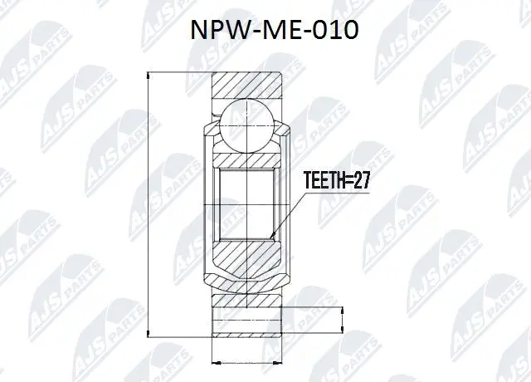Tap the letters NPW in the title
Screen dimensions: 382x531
pos(215,32)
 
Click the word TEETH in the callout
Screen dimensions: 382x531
pos(324,180)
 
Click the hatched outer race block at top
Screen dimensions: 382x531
pos(249,86)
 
